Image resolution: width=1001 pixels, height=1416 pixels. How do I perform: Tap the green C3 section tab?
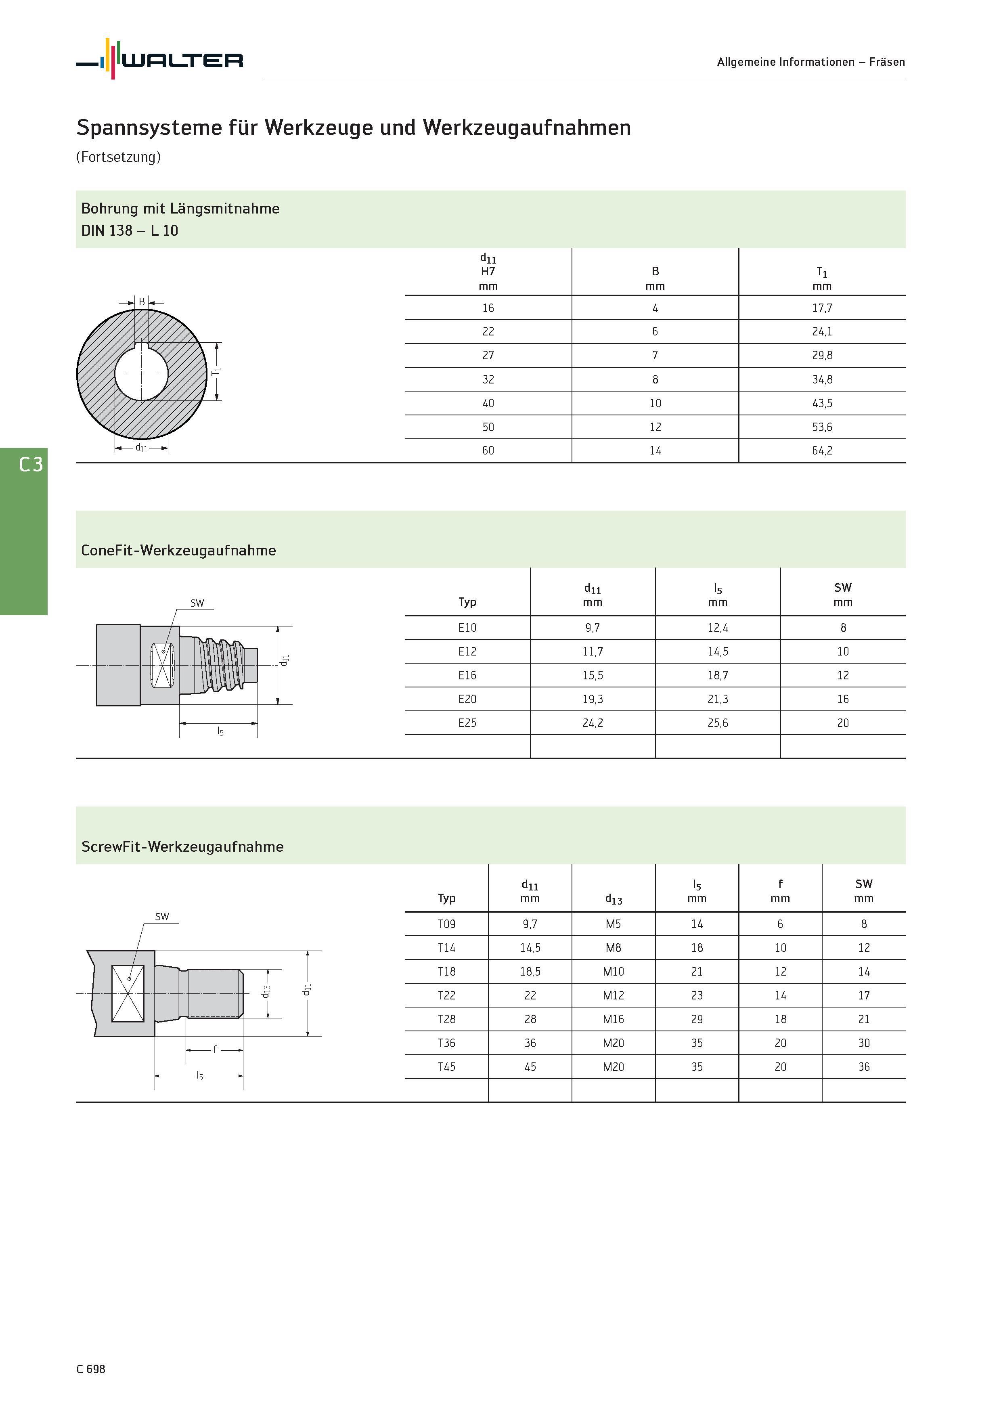click(23, 531)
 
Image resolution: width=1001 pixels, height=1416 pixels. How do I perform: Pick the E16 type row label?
click(467, 675)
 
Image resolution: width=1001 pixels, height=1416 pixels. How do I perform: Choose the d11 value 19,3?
click(592, 700)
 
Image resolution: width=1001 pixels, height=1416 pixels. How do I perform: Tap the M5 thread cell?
click(613, 924)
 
